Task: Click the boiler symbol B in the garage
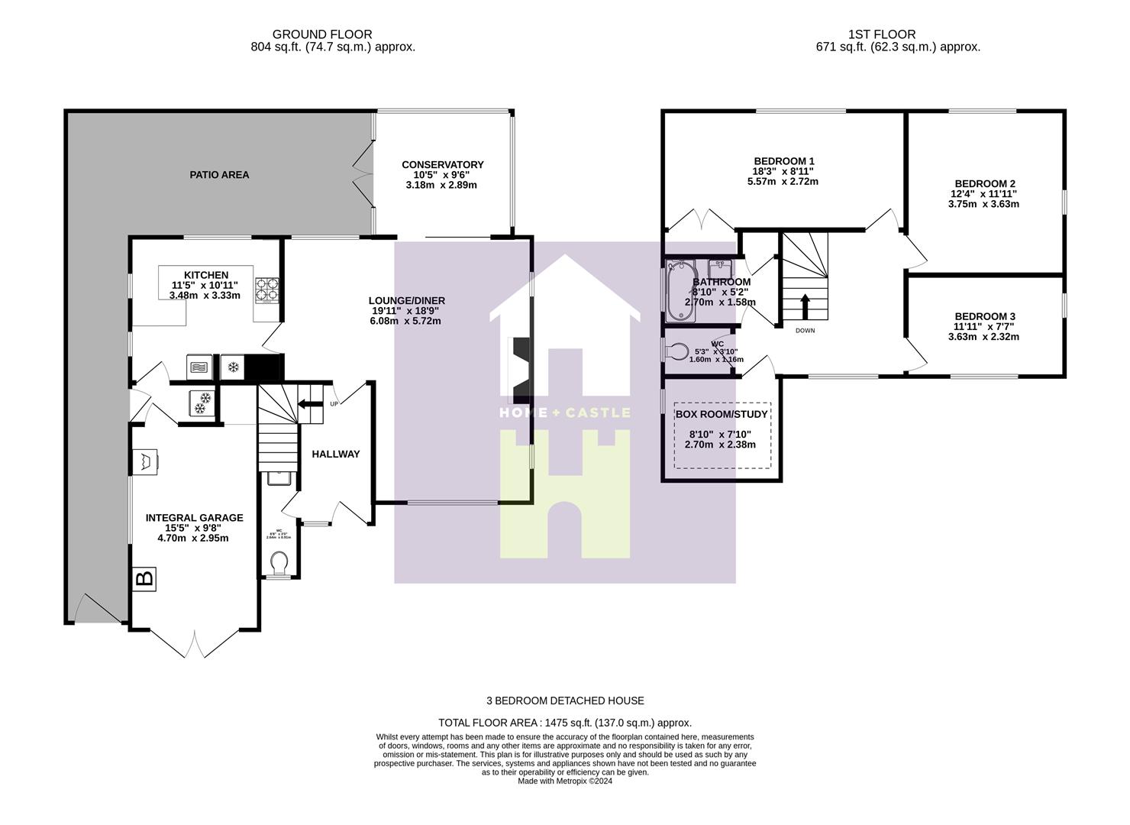[144, 578]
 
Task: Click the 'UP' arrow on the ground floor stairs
[310, 404]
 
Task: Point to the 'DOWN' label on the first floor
[805, 331]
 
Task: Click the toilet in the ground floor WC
[279, 563]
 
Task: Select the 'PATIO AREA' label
[219, 175]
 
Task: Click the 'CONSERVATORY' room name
[442, 165]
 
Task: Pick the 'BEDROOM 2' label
[984, 184]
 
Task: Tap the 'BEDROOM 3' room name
[984, 317]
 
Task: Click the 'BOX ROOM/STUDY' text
[722, 415]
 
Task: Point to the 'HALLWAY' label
[335, 455]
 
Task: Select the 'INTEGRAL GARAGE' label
[194, 518]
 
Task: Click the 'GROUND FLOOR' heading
[322, 34]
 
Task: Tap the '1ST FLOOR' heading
[881, 34]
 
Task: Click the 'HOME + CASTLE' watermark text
[564, 412]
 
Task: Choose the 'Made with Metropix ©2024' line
[565, 781]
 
